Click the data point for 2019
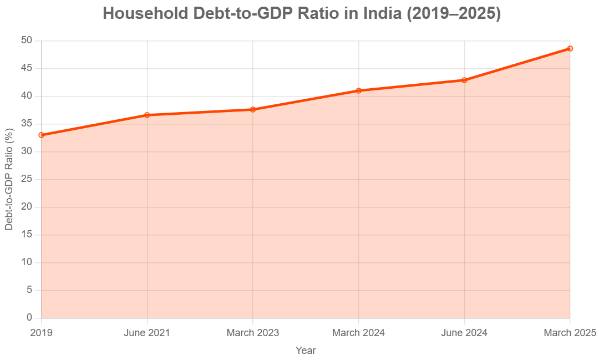click(42, 135)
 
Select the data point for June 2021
click(147, 115)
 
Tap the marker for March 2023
click(253, 109)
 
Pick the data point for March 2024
click(359, 90)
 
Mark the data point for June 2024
click(464, 80)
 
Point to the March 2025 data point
click(570, 48)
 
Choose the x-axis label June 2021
click(147, 333)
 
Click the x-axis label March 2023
click(253, 333)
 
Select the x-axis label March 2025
click(570, 333)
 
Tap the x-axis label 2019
click(42, 333)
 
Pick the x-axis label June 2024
click(464, 333)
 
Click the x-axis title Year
click(306, 350)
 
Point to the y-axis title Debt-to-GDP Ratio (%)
click(9, 179)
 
